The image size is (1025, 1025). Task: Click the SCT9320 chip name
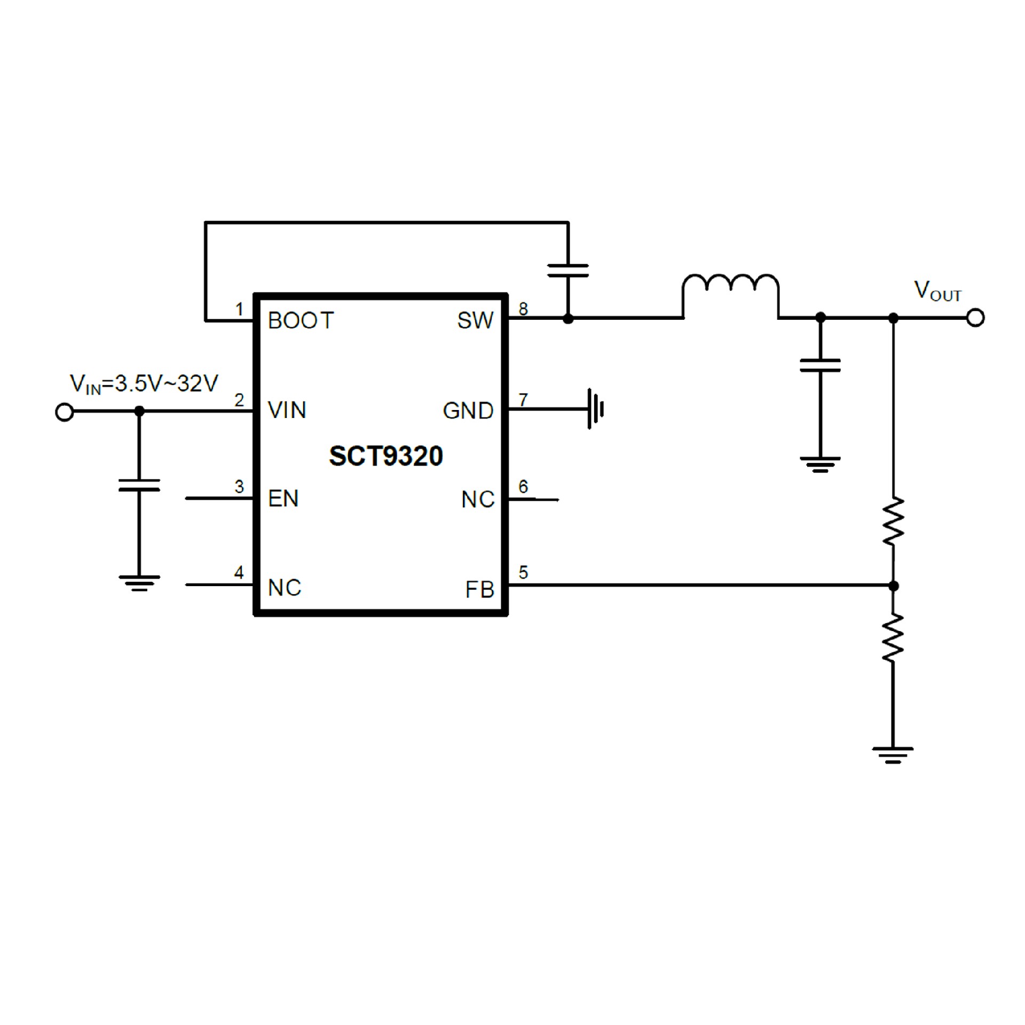(x=385, y=456)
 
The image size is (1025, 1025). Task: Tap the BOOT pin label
(x=301, y=321)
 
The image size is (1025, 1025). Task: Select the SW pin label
(x=475, y=321)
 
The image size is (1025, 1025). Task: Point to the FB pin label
(x=479, y=590)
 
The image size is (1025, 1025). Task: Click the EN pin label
(x=283, y=499)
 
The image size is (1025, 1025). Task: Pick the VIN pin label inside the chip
(x=287, y=411)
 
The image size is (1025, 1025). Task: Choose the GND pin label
(x=468, y=411)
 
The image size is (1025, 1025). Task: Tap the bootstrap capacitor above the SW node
(x=568, y=270)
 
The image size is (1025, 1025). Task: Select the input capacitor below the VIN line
(x=139, y=485)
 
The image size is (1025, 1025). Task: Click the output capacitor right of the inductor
(x=820, y=366)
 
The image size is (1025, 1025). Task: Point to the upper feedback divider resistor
(x=893, y=521)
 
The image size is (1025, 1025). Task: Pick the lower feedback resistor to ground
(x=893, y=637)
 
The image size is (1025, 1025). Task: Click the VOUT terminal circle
(x=975, y=318)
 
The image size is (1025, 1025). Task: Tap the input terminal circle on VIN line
(x=65, y=412)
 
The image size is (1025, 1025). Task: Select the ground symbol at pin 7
(x=595, y=409)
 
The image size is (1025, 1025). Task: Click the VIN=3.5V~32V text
(x=144, y=384)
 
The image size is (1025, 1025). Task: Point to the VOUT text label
(x=937, y=291)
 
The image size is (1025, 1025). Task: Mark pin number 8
(x=523, y=309)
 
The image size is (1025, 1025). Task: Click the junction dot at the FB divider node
(x=893, y=586)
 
